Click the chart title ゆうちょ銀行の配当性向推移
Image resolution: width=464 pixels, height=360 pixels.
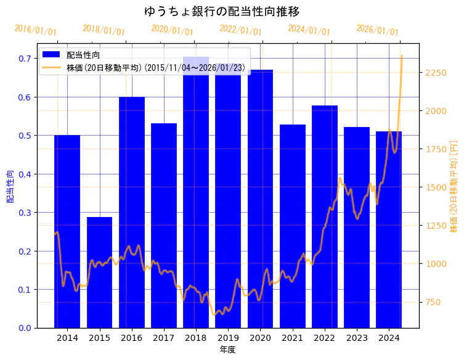(222, 12)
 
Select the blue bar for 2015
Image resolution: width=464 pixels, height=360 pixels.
(99, 272)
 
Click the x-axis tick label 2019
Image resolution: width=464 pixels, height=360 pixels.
(228, 338)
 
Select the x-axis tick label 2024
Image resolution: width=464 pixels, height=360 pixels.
(389, 338)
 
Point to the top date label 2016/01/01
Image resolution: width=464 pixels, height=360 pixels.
(35, 30)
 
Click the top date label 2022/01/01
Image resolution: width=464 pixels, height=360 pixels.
(241, 30)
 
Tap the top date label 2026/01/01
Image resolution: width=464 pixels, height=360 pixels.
(378, 30)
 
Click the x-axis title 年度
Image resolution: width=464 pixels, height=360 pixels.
(227, 350)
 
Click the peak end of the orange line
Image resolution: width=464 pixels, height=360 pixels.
(402, 56)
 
